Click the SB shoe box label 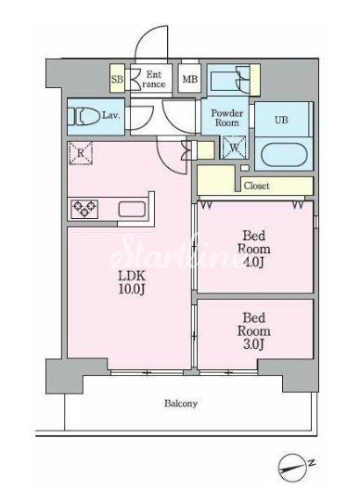point(117,79)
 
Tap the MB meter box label point(190,79)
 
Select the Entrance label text point(154,79)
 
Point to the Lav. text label point(110,115)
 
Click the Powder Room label point(226,118)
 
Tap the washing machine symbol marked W point(234,147)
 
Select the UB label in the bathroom point(281,121)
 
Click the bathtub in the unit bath point(284,154)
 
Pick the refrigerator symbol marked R point(81,153)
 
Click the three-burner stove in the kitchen point(84,209)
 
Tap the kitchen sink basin point(132,209)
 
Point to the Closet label point(256,186)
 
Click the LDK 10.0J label point(132,282)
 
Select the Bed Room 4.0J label point(254,249)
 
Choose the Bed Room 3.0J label point(254,331)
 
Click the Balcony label point(181,403)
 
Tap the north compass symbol point(292,469)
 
